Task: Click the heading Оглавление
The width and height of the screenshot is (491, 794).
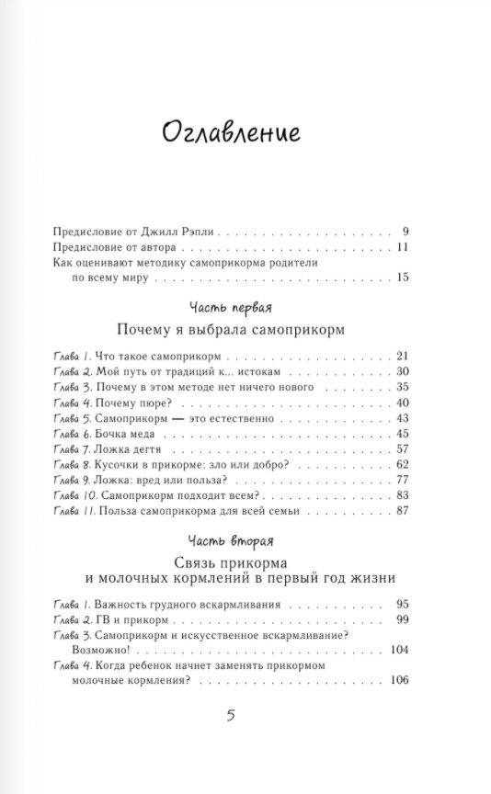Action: [232, 133]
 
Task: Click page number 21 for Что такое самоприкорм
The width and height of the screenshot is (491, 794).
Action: [400, 356]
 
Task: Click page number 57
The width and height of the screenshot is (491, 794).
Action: [400, 448]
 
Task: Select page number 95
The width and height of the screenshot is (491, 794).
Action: [400, 605]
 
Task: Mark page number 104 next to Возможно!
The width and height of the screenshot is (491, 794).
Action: [396, 650]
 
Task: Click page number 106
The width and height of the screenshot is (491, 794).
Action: [396, 681]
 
